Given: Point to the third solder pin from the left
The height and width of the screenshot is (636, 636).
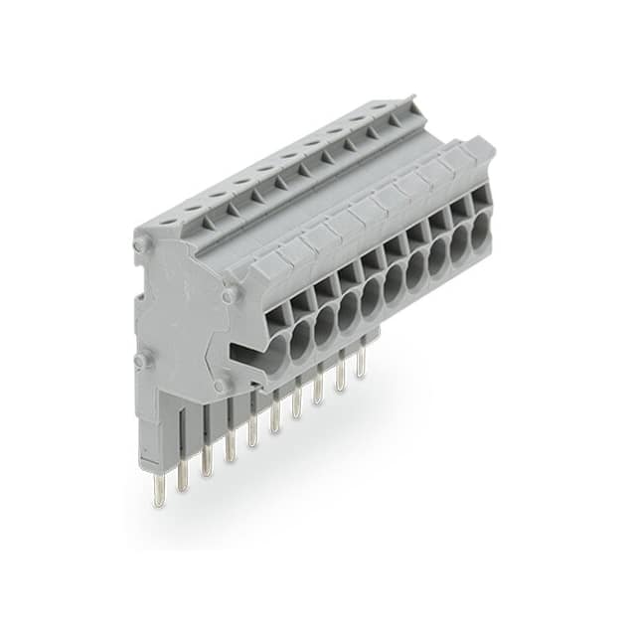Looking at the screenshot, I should (x=207, y=461).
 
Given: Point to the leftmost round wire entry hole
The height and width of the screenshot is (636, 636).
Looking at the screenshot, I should (x=277, y=349).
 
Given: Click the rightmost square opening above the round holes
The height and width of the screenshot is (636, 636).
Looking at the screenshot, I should (x=480, y=198).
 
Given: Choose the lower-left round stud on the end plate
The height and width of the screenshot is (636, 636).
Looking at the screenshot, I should (x=140, y=359).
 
